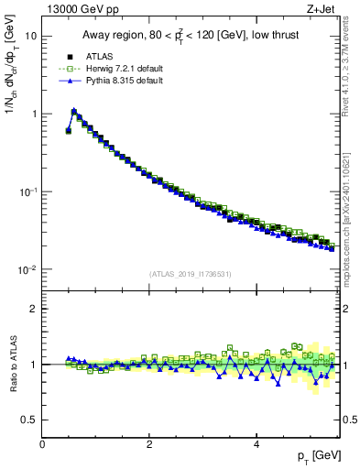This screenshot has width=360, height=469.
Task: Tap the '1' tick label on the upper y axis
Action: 34,115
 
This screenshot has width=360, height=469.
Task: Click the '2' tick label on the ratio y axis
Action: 34,309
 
